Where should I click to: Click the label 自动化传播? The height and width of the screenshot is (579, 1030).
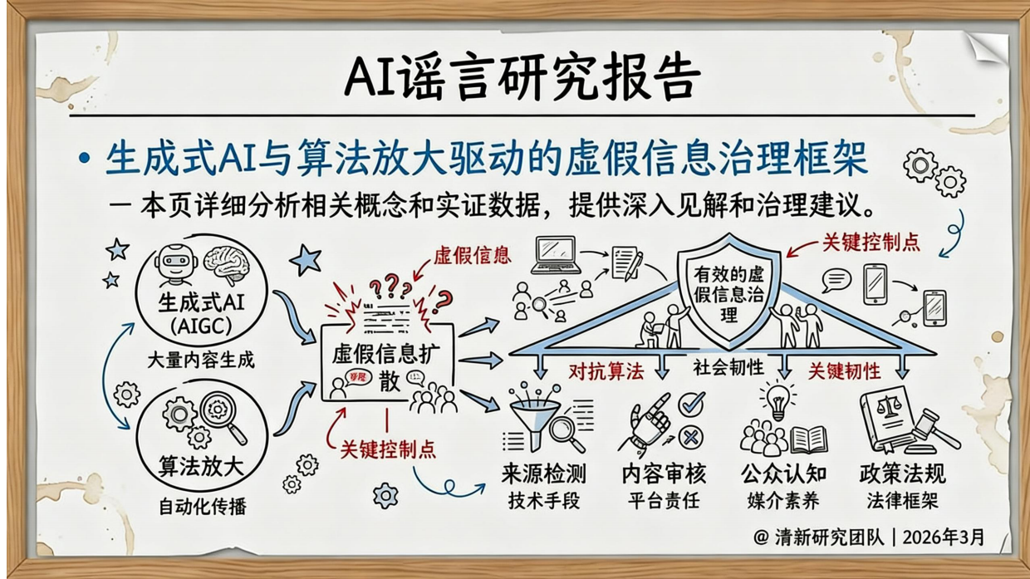[x=202, y=504]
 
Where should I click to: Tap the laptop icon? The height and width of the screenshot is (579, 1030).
[x=556, y=252]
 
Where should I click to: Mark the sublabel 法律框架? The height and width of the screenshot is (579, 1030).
[x=902, y=501]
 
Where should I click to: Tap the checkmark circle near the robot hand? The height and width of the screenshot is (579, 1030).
[x=691, y=405]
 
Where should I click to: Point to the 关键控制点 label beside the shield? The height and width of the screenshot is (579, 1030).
[x=871, y=243]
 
